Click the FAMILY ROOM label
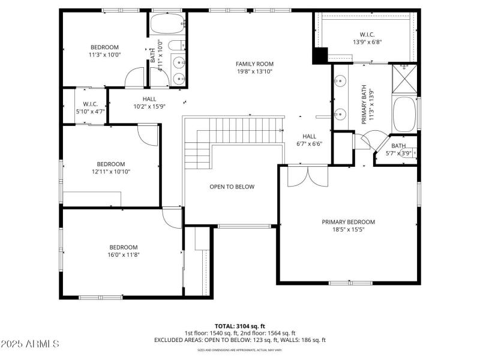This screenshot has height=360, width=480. click(x=254, y=64)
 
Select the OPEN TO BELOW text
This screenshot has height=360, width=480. click(x=232, y=187)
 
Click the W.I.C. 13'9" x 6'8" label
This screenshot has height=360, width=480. click(x=367, y=38)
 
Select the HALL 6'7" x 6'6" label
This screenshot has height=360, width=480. click(x=309, y=140)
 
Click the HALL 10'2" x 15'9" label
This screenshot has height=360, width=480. click(x=149, y=103)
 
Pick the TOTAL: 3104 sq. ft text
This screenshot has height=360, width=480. click(x=240, y=326)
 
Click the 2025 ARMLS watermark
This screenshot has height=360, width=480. click(x=30, y=344)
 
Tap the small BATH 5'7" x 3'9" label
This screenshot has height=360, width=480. click(x=398, y=149)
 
